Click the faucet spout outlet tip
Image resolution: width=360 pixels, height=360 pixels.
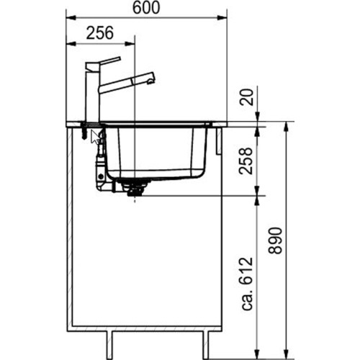pos(151,76)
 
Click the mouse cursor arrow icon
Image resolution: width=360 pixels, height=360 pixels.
pos(95,136)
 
